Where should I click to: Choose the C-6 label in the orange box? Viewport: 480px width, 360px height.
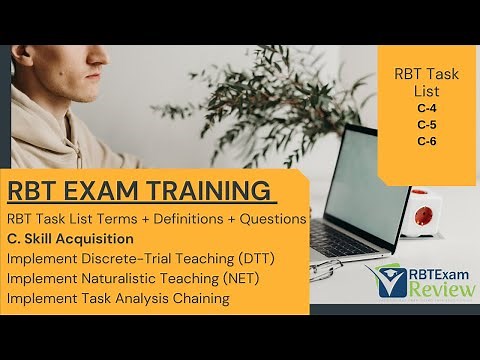point(428,140)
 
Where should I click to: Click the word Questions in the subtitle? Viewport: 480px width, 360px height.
point(269,218)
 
